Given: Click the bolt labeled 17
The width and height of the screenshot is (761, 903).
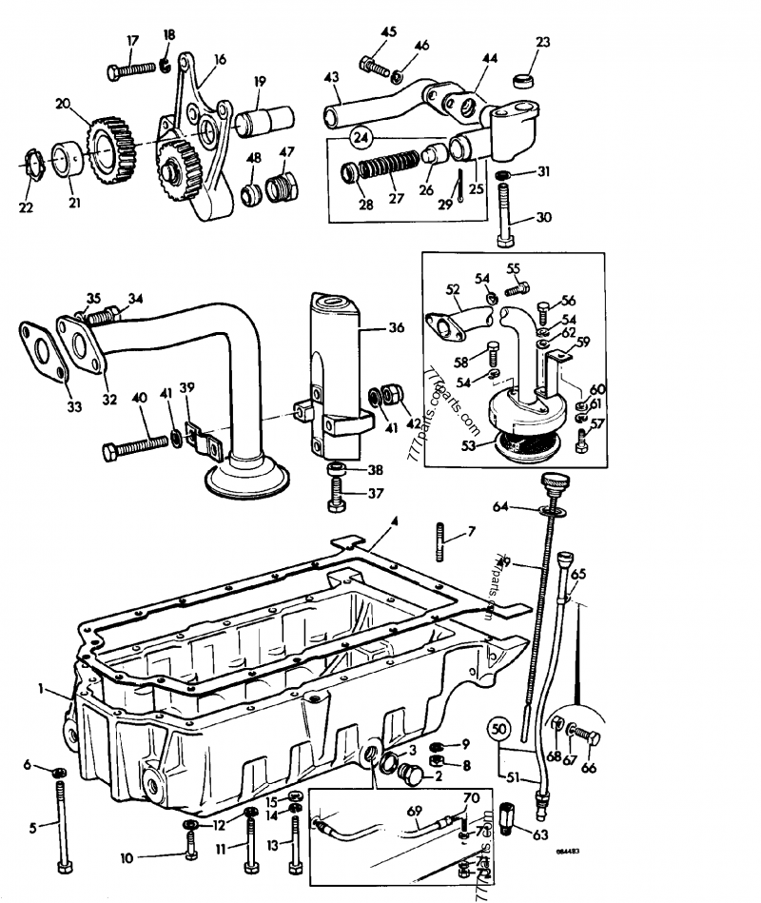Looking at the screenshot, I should coord(131,69).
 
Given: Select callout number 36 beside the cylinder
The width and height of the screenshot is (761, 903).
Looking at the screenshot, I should coord(396,327).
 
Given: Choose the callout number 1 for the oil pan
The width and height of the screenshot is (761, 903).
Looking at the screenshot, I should coord(41,687).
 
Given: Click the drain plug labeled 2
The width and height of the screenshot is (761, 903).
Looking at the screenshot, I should coord(413,775).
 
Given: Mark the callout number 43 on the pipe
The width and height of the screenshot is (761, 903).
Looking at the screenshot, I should coord(331,76).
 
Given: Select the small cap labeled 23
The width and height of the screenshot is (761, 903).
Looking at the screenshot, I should coord(521,77).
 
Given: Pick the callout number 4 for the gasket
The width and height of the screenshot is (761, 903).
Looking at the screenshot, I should coord(392,522).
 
